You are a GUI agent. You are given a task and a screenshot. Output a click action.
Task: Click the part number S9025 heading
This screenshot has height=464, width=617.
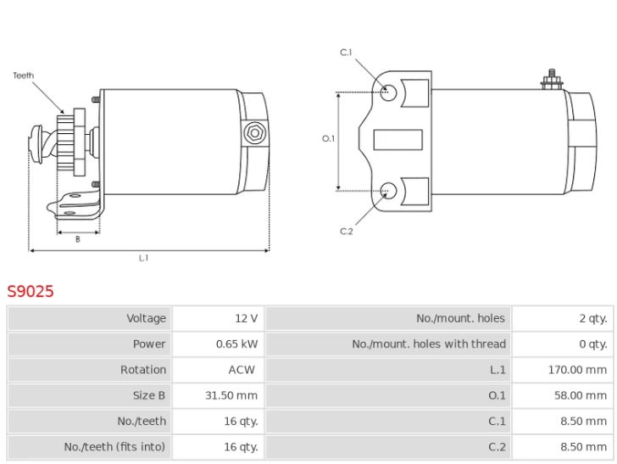(x=31, y=291)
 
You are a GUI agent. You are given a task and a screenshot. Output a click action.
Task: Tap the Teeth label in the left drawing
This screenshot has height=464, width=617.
(x=23, y=75)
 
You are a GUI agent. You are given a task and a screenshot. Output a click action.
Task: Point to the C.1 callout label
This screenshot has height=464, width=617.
(x=346, y=53)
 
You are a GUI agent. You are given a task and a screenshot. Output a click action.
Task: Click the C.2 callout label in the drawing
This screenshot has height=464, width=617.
(x=346, y=231)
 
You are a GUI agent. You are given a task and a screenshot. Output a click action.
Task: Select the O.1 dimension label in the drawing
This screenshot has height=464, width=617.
(x=329, y=138)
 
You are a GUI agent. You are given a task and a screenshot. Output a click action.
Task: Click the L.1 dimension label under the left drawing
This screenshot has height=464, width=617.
(x=144, y=258)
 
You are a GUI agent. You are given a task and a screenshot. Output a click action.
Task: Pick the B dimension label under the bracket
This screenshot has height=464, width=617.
(x=77, y=239)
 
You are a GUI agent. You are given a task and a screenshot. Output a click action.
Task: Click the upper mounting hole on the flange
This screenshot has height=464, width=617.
(x=387, y=92)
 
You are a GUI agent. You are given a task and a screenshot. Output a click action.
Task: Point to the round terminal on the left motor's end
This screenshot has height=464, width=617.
(x=252, y=133)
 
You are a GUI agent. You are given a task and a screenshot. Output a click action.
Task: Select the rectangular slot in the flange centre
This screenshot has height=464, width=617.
(x=397, y=140)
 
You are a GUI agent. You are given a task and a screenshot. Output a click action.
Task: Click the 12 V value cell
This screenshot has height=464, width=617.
(x=247, y=318)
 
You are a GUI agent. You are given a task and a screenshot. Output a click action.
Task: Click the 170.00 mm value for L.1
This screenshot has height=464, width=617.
(x=578, y=370)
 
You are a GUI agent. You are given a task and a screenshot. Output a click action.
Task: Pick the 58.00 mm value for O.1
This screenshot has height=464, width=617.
(x=580, y=395)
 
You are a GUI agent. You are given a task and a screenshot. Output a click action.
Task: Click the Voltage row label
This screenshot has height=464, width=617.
(x=147, y=318)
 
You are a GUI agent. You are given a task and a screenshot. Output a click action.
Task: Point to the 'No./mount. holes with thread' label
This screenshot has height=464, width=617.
(x=429, y=344)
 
